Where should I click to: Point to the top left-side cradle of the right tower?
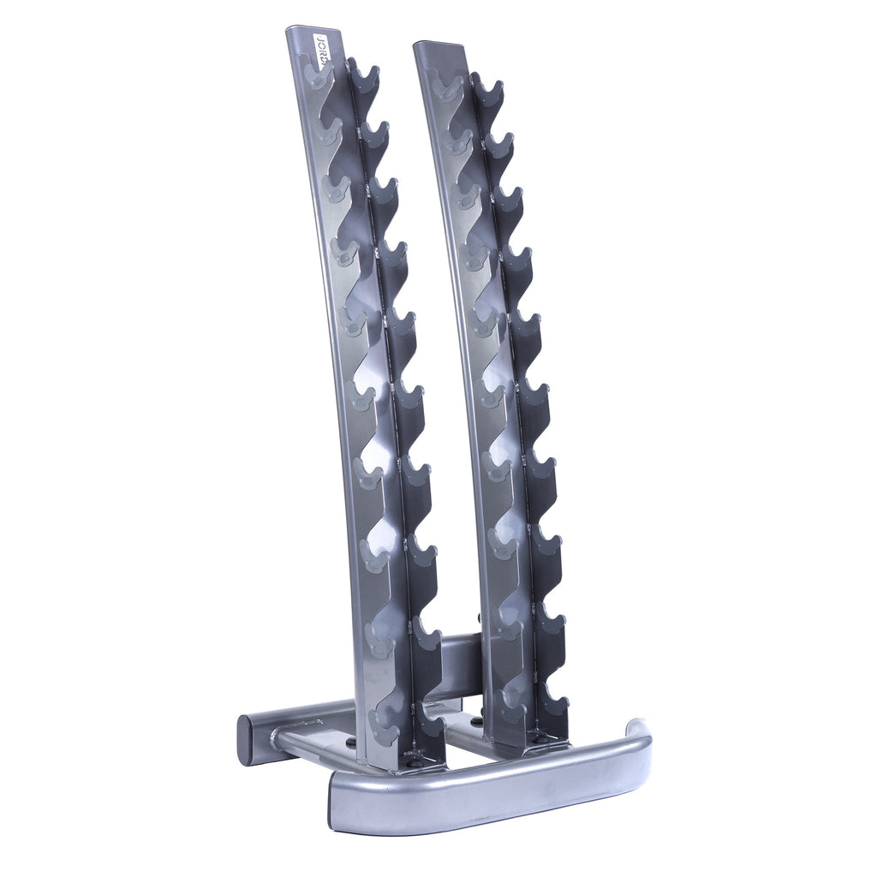[445, 84]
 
